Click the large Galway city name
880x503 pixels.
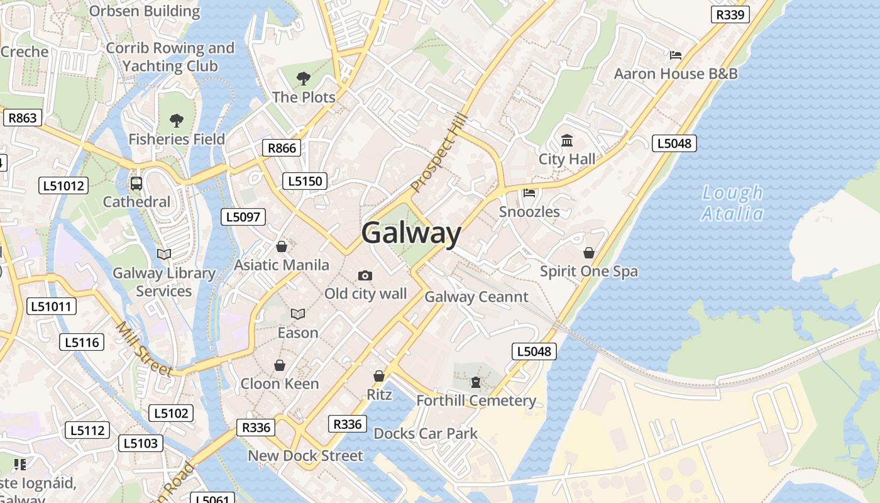click(412, 233)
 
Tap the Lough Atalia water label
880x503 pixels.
click(732, 203)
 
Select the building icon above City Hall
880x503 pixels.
click(567, 140)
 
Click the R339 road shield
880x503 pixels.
click(730, 14)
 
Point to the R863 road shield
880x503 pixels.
click(22, 118)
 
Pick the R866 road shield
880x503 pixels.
click(281, 148)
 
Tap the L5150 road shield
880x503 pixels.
click(305, 181)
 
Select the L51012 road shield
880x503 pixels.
click(63, 185)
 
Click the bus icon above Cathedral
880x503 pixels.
click(136, 184)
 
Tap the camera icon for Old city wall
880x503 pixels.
click(365, 275)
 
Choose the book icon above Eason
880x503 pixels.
click(298, 314)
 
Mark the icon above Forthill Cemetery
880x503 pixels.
click(476, 382)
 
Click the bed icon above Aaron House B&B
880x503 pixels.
click(676, 55)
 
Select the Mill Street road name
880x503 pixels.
click(144, 350)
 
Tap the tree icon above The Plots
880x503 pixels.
click(304, 79)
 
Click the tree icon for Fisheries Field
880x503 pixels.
click(177, 120)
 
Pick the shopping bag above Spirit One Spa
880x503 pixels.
click(589, 253)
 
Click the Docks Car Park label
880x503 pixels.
click(426, 433)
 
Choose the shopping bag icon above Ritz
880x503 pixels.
click(379, 376)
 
